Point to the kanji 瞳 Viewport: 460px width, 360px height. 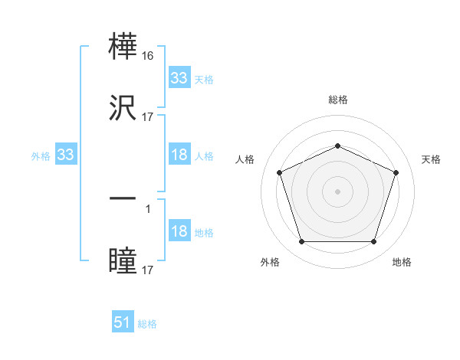tap(123, 260)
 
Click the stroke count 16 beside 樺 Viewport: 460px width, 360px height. tap(148, 57)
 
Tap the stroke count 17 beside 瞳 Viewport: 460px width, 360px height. tap(148, 270)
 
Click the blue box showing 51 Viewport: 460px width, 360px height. tap(123, 322)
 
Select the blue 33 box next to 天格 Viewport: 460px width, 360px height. tap(179, 78)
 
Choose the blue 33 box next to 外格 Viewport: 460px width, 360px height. tap(65, 155)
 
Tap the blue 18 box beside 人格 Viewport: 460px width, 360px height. tap(179, 155)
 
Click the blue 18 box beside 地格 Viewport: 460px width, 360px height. tap(179, 232)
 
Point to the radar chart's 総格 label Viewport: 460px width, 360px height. tap(338, 100)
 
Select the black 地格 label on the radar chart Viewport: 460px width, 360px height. tap(402, 262)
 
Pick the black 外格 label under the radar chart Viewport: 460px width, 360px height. tap(270, 262)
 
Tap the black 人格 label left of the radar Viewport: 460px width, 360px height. tap(245, 159)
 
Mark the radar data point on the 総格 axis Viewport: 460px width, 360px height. tap(337, 146)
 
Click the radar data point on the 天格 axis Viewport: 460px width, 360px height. tap(396, 172)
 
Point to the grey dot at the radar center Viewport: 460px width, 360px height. tap(337, 191)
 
